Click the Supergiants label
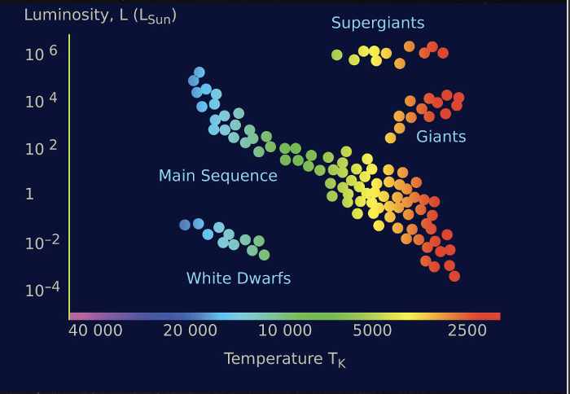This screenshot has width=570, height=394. pos(378,23)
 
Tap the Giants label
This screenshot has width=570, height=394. pos(441,137)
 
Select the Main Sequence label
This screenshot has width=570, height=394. pos(217,176)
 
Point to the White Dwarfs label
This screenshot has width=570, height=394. pos(239,278)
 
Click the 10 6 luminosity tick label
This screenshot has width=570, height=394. pos(40,52)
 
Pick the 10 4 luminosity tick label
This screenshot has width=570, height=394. pos(40,100)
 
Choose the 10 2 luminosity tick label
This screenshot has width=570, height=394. pos(40,147)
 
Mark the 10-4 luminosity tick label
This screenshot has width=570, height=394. pos(40,290)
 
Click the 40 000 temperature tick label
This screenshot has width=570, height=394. pos(95,331)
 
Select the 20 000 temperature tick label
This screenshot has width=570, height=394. pos(191,331)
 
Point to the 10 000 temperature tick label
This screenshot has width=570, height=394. pos(285,331)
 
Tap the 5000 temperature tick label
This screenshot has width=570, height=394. pos(374,331)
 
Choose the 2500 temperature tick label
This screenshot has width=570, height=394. pos(467,331)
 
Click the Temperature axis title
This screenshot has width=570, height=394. pos(284,359)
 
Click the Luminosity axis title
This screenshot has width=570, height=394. pos(99,15)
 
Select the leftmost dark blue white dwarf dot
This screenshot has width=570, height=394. pos(185,225)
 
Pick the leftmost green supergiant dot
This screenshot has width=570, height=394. pos(337,55)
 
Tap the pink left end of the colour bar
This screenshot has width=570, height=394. pos(75,316)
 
